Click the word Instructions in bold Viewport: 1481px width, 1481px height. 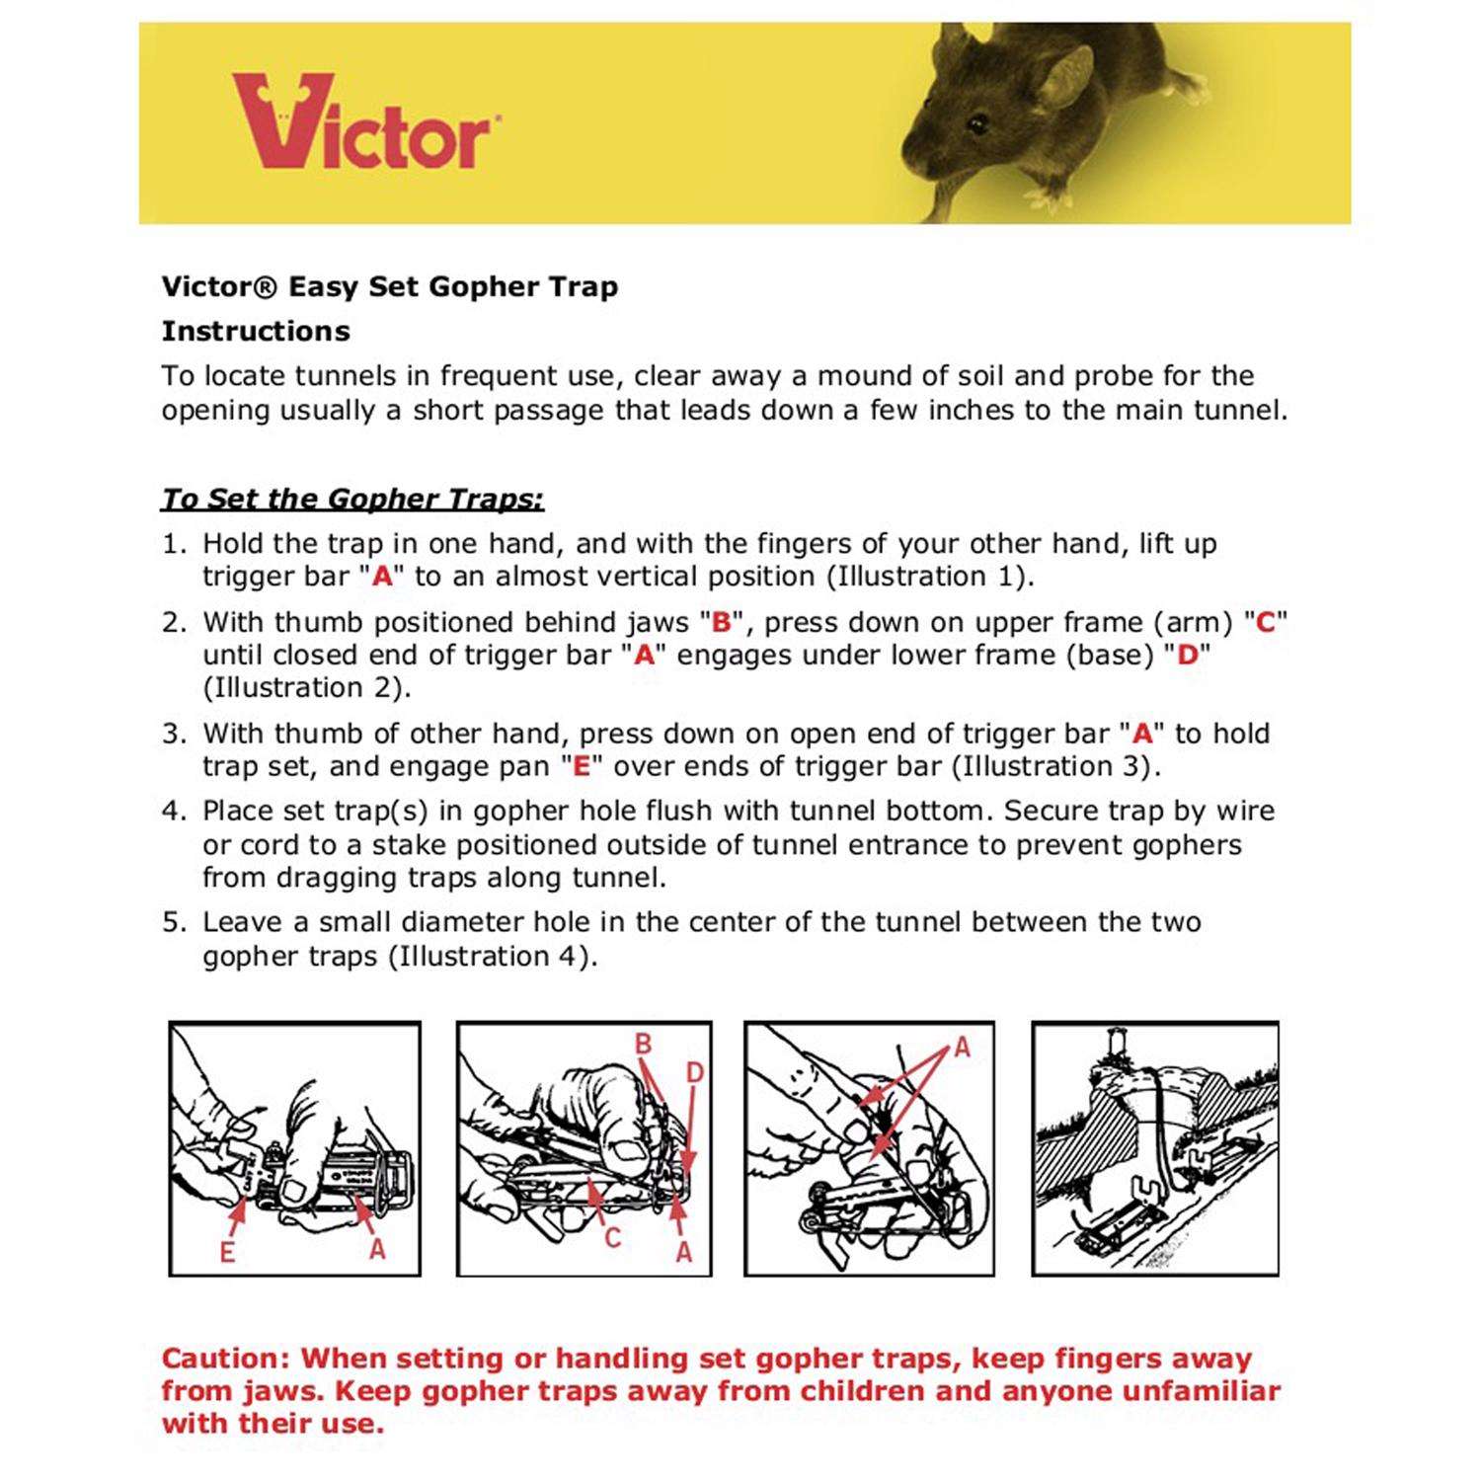(256, 331)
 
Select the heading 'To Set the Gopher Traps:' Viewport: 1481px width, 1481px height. (352, 499)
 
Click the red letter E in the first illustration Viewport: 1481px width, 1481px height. (227, 1252)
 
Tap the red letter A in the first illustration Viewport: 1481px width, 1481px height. (377, 1249)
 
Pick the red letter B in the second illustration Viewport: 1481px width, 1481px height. (643, 1044)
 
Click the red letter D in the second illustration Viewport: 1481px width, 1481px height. (694, 1072)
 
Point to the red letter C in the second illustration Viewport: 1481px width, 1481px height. (612, 1237)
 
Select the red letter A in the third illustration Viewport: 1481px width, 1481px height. (963, 1048)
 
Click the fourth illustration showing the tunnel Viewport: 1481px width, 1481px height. (1155, 1148)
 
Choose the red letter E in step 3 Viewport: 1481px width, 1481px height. (582, 766)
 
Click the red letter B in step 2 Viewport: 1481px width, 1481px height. (721, 623)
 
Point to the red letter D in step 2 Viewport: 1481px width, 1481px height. (1187, 656)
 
